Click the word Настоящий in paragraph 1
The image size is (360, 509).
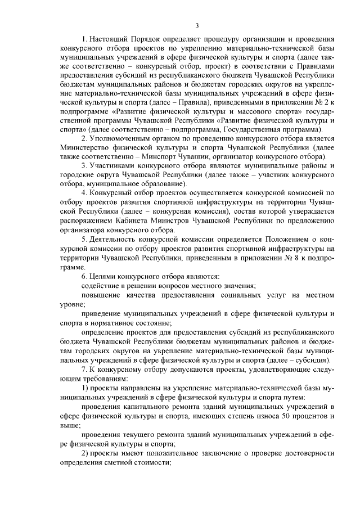(109, 39)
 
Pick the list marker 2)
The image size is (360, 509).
(85, 452)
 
